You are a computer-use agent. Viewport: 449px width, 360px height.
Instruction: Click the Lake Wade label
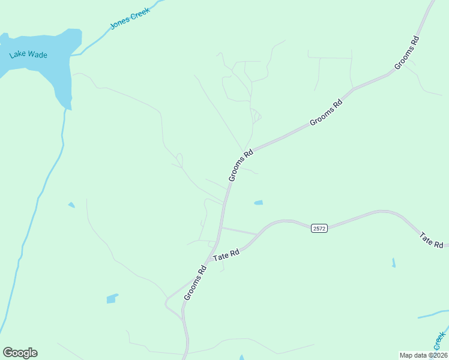click(x=28, y=55)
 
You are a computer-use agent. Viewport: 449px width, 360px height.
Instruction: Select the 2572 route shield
click(x=319, y=229)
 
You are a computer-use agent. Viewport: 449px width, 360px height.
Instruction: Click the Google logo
click(x=20, y=353)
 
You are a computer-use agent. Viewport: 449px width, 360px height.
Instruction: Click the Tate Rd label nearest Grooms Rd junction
click(x=226, y=254)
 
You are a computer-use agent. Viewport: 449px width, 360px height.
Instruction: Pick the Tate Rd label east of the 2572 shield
click(x=431, y=241)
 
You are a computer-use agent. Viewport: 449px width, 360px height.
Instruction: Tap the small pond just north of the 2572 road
click(x=258, y=203)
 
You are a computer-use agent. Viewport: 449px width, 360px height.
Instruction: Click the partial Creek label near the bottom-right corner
click(x=440, y=341)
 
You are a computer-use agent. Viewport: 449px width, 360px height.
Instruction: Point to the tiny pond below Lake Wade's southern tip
click(x=71, y=205)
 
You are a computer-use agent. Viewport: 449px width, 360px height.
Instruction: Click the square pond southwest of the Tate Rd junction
click(x=112, y=298)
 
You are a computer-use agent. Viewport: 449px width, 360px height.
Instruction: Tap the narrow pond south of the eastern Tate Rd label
click(x=393, y=263)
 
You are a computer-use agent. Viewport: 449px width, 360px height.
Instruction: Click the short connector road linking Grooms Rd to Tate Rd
click(x=239, y=231)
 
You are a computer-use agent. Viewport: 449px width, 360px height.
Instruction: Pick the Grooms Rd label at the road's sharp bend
click(x=241, y=166)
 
